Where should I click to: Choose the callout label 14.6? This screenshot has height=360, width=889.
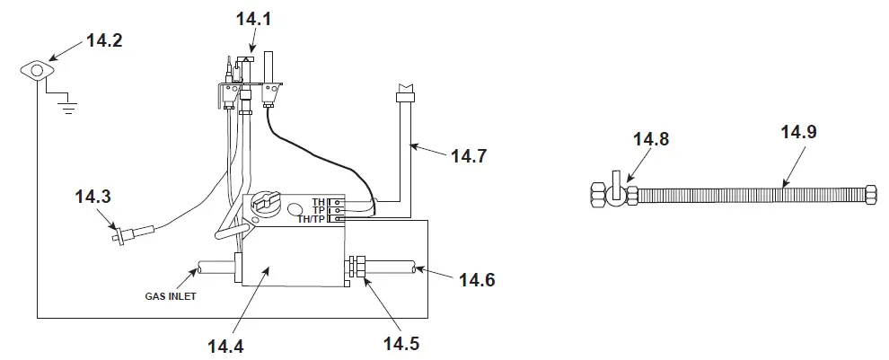pyautogui.click(x=476, y=279)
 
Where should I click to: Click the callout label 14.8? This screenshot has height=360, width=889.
pyautogui.click(x=651, y=139)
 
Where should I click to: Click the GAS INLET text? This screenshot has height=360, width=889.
pyautogui.click(x=170, y=294)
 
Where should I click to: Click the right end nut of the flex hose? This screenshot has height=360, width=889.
pyautogui.click(x=869, y=194)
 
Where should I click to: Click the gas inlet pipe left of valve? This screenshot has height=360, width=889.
pyautogui.click(x=215, y=267)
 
